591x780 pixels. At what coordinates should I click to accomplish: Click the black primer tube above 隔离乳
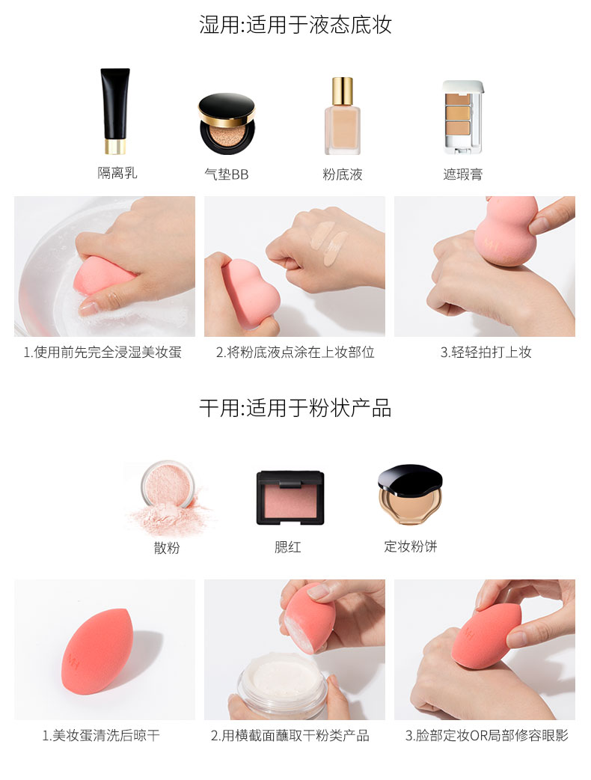[x=115, y=111]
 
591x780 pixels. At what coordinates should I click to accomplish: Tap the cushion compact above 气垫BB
[x=227, y=124]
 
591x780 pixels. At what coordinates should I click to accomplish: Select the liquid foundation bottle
[x=343, y=116]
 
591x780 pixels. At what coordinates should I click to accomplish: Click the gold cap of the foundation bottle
[x=343, y=91]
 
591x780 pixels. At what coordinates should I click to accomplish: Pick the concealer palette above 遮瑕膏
[x=463, y=117]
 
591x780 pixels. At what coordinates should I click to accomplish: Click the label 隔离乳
[x=117, y=173]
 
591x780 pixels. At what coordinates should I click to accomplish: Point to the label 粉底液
[x=343, y=174]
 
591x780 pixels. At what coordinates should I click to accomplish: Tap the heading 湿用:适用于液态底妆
[x=295, y=25]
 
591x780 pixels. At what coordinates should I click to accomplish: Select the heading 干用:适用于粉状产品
[x=295, y=408]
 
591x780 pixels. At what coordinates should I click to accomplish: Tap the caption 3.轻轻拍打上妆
[x=486, y=352]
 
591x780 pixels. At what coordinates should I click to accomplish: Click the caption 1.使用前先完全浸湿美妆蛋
[x=103, y=352]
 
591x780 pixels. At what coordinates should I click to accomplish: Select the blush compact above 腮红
[x=290, y=498]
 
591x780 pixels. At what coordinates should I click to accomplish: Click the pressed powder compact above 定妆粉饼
[x=410, y=495]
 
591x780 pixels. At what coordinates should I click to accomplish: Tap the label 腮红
[x=288, y=547]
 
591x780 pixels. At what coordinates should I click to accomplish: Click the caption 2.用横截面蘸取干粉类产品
[x=290, y=735]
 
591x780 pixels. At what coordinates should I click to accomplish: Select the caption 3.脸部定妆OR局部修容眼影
[x=486, y=735]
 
